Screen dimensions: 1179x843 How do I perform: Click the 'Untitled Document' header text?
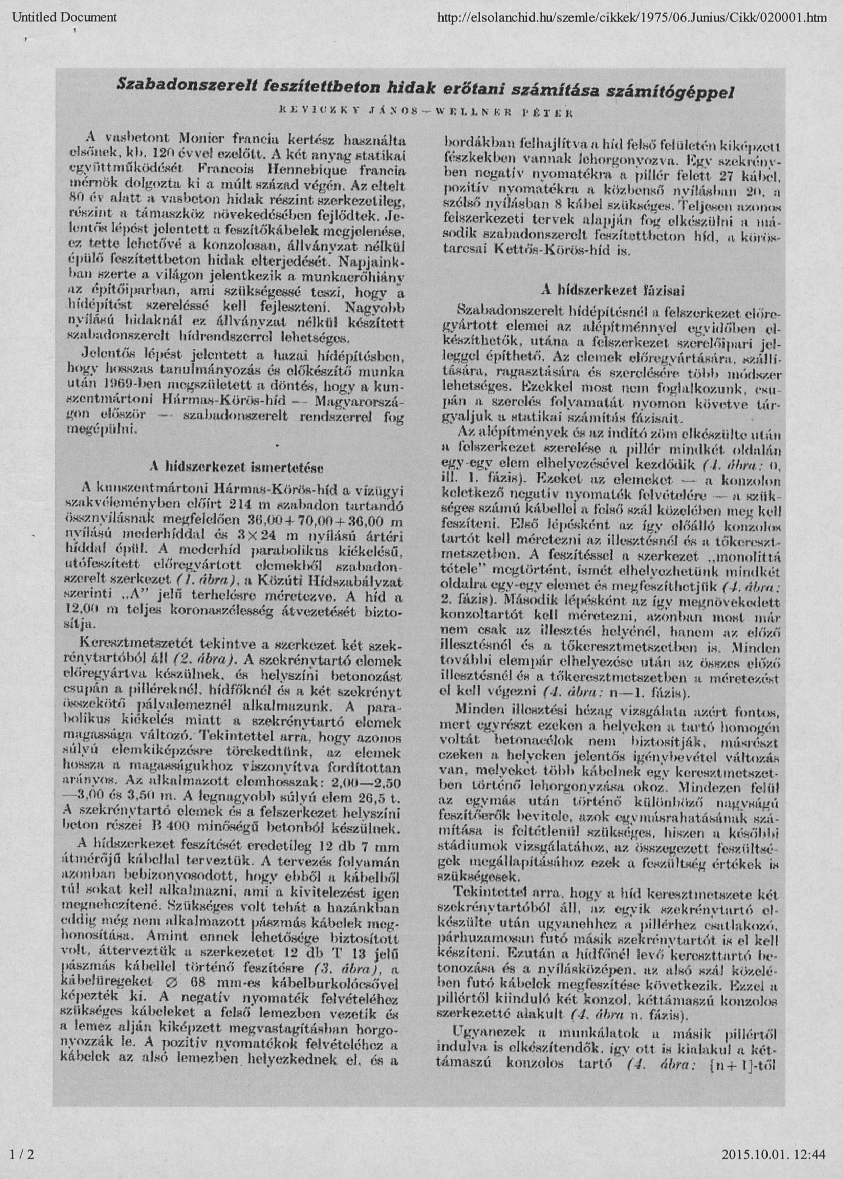tap(64, 18)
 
